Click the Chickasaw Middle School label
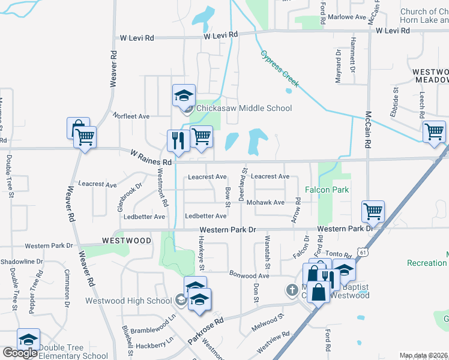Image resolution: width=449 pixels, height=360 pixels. tap(244, 108)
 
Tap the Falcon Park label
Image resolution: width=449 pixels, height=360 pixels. tap(327, 190)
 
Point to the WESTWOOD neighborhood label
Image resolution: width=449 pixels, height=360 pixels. tap(127, 240)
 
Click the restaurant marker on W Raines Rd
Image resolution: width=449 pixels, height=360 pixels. tap(176, 140)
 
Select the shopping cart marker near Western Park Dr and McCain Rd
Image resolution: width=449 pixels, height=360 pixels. tap(373, 211)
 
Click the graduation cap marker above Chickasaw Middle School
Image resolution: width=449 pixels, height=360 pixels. tap(184, 94)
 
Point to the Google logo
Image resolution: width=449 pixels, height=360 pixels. tap(20, 353)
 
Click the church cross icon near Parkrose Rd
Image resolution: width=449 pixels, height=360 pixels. tap(292, 290)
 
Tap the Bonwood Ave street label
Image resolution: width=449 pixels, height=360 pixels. tap(249, 274)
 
